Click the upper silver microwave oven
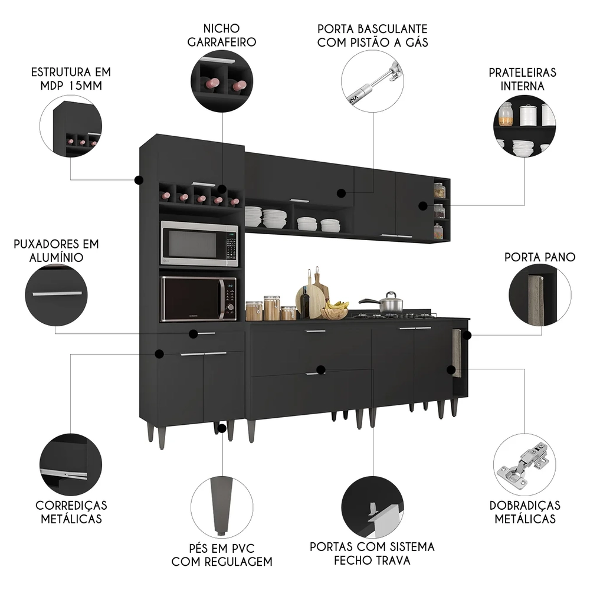pos(199,244)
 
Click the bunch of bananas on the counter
pos(337,306)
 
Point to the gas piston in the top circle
pos(378,81)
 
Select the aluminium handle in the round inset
pos(56,293)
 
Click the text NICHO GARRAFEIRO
pos(221,35)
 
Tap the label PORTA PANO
pos(540,257)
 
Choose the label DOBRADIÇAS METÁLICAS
pos(525,512)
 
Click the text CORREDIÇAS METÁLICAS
pos(71,512)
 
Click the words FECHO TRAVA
pos(372,560)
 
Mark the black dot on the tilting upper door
pos(340,193)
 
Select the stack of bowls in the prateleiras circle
pos(523,147)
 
